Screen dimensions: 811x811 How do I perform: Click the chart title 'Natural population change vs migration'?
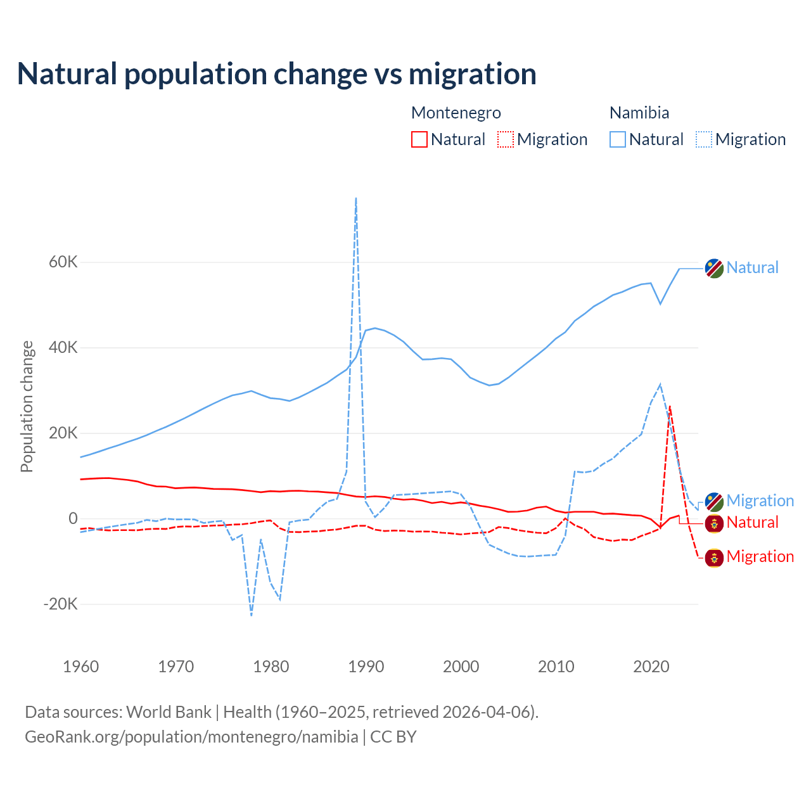(277, 74)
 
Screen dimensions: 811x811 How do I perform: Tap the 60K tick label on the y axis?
(63, 262)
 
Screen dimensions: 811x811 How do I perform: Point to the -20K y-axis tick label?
(60, 604)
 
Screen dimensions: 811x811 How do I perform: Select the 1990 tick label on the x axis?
(366, 667)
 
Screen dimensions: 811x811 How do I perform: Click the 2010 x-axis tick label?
(556, 667)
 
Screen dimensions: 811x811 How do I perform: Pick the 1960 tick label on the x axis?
(81, 667)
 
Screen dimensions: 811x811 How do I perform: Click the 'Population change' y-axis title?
(27, 407)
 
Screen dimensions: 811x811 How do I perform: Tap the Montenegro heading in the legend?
(456, 113)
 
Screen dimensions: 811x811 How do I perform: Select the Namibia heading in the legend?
(639, 113)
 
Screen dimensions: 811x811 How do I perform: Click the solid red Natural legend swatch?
(419, 139)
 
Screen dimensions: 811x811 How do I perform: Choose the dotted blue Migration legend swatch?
(704, 139)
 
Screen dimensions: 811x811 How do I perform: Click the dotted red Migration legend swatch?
(506, 139)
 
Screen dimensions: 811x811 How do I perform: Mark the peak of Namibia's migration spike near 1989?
(356, 198)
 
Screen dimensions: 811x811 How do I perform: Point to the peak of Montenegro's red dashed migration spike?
(670, 406)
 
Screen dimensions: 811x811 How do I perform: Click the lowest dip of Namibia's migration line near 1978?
(252, 615)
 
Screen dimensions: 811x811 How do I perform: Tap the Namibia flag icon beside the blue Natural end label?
(714, 268)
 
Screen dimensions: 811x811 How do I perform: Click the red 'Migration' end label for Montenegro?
(760, 557)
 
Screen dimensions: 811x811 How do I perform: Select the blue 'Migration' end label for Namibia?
(760, 501)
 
